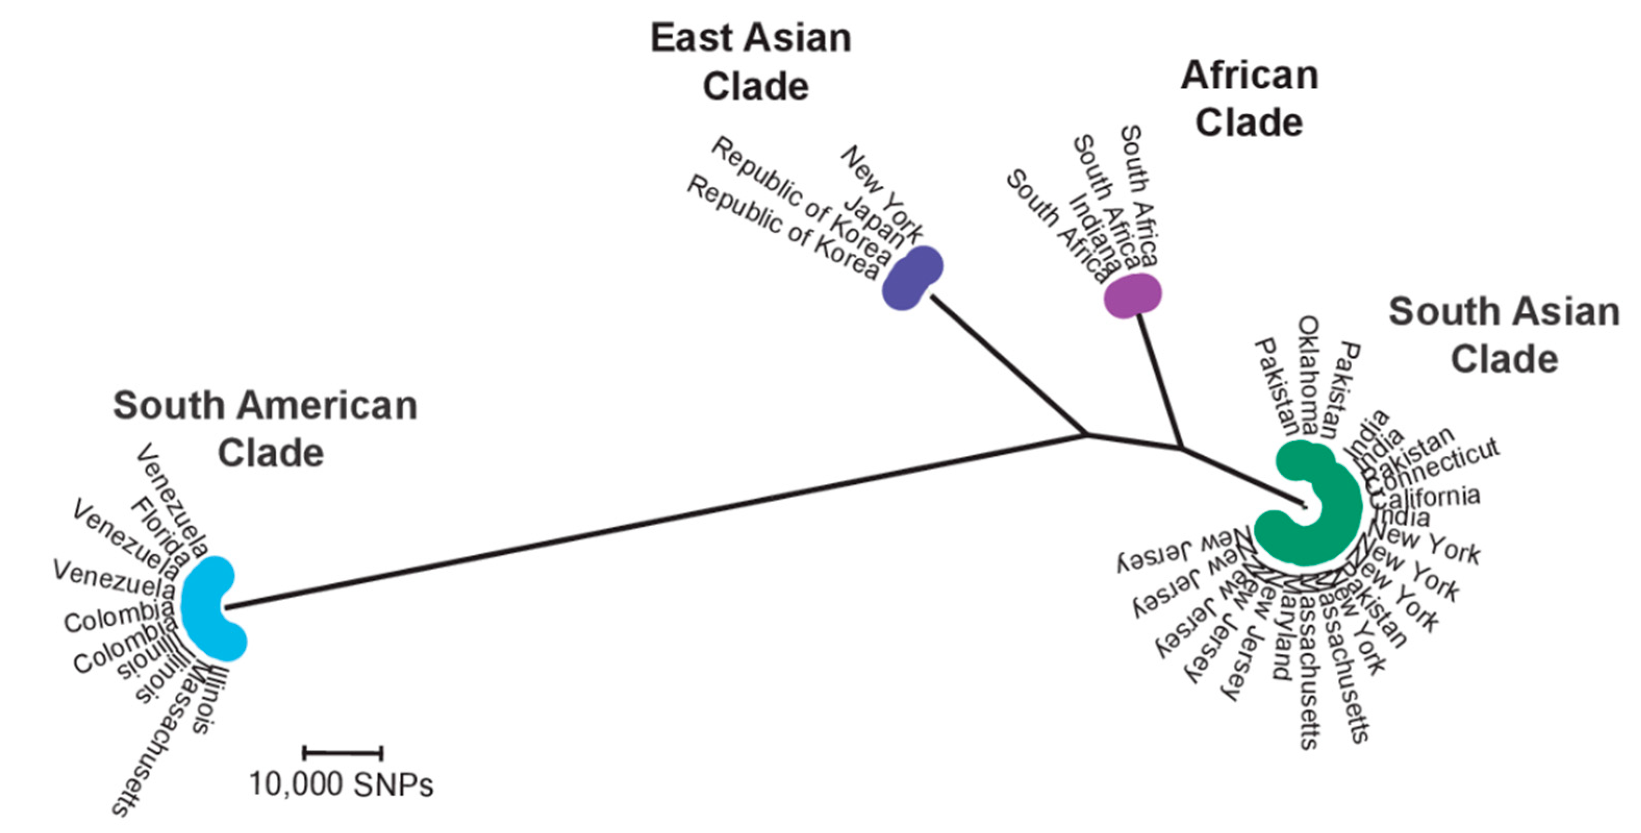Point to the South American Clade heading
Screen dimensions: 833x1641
click(265, 429)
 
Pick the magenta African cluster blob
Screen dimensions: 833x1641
click(1132, 295)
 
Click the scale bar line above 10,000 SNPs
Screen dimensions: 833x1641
click(343, 753)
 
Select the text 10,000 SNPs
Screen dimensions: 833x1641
click(342, 785)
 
